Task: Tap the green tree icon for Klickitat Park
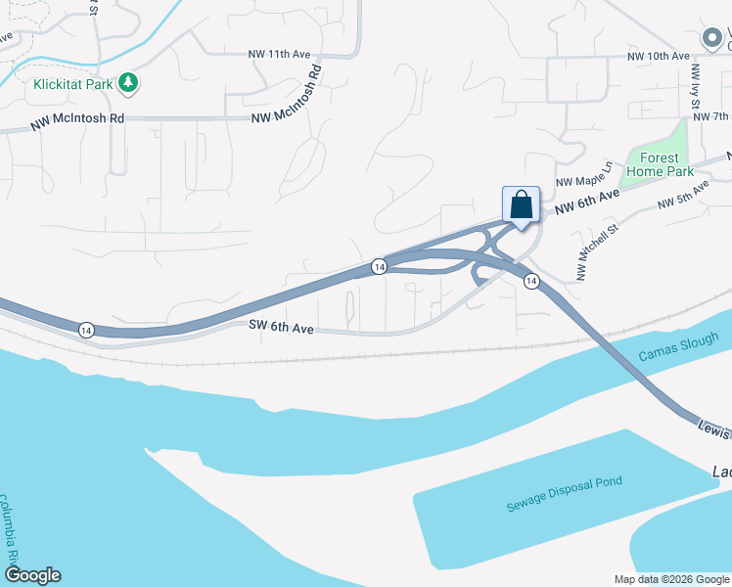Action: [x=128, y=84]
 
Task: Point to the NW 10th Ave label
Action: [x=660, y=56]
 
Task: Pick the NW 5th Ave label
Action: [x=682, y=194]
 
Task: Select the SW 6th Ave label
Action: [x=280, y=329]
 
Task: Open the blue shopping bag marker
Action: [x=522, y=205]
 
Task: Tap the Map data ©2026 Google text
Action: [x=670, y=579]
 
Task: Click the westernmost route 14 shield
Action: [x=86, y=330]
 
